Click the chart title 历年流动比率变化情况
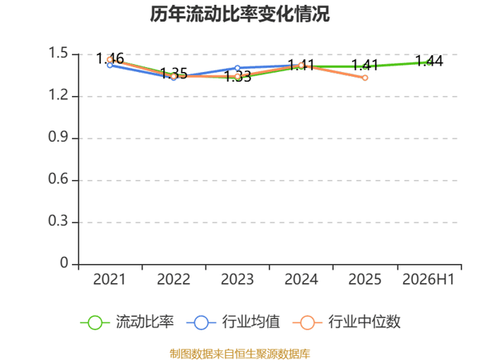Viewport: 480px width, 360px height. (x=240, y=14)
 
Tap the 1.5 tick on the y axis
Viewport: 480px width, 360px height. (x=58, y=53)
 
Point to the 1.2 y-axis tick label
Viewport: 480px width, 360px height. (x=58, y=95)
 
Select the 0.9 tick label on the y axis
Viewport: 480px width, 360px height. (x=58, y=137)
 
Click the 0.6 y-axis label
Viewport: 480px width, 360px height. (x=58, y=178)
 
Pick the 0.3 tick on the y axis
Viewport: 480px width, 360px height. (x=58, y=221)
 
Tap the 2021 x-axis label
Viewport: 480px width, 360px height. (x=110, y=279)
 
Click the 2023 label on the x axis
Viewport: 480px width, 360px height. (x=238, y=279)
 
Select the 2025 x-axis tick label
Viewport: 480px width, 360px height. (x=365, y=279)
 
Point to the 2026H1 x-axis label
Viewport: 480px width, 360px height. (x=429, y=279)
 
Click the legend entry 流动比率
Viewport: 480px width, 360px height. (x=126, y=322)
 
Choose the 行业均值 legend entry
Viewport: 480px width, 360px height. (x=233, y=322)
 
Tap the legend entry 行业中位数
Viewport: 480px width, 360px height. (x=346, y=322)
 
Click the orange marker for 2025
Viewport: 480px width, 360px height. (x=365, y=78)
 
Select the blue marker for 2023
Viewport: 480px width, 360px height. (x=238, y=68)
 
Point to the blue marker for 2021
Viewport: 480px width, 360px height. (x=110, y=66)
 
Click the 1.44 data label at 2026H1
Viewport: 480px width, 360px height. (x=429, y=62)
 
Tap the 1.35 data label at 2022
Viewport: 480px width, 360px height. (x=174, y=74)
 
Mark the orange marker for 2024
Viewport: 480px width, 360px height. (x=302, y=66)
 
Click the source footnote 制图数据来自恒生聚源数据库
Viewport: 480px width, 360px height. (x=240, y=354)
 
